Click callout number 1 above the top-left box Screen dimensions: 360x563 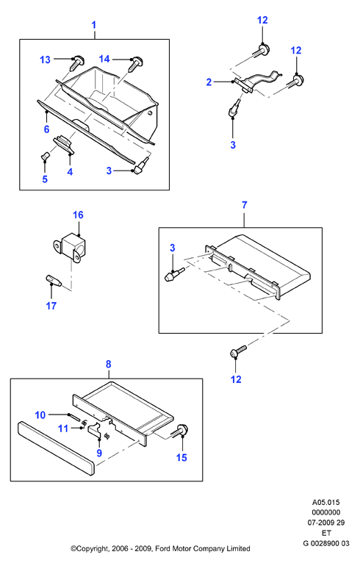(x=94, y=25)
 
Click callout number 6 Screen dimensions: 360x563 (x=46, y=129)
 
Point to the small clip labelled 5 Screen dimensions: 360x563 (x=45, y=157)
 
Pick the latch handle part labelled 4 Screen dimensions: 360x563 (x=64, y=144)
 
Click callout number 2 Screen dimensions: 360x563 (x=209, y=82)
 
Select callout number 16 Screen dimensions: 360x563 (x=78, y=215)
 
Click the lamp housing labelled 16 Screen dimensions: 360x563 (x=71, y=247)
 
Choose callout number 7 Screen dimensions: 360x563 (x=245, y=205)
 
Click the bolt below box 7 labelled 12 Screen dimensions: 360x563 (x=238, y=351)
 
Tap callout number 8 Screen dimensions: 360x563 (x=109, y=364)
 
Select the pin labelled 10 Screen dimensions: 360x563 (x=73, y=418)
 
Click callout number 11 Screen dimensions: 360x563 (x=63, y=428)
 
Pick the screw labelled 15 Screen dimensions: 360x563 (x=181, y=430)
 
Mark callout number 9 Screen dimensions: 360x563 (x=99, y=453)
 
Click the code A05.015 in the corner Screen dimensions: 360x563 (x=326, y=502)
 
